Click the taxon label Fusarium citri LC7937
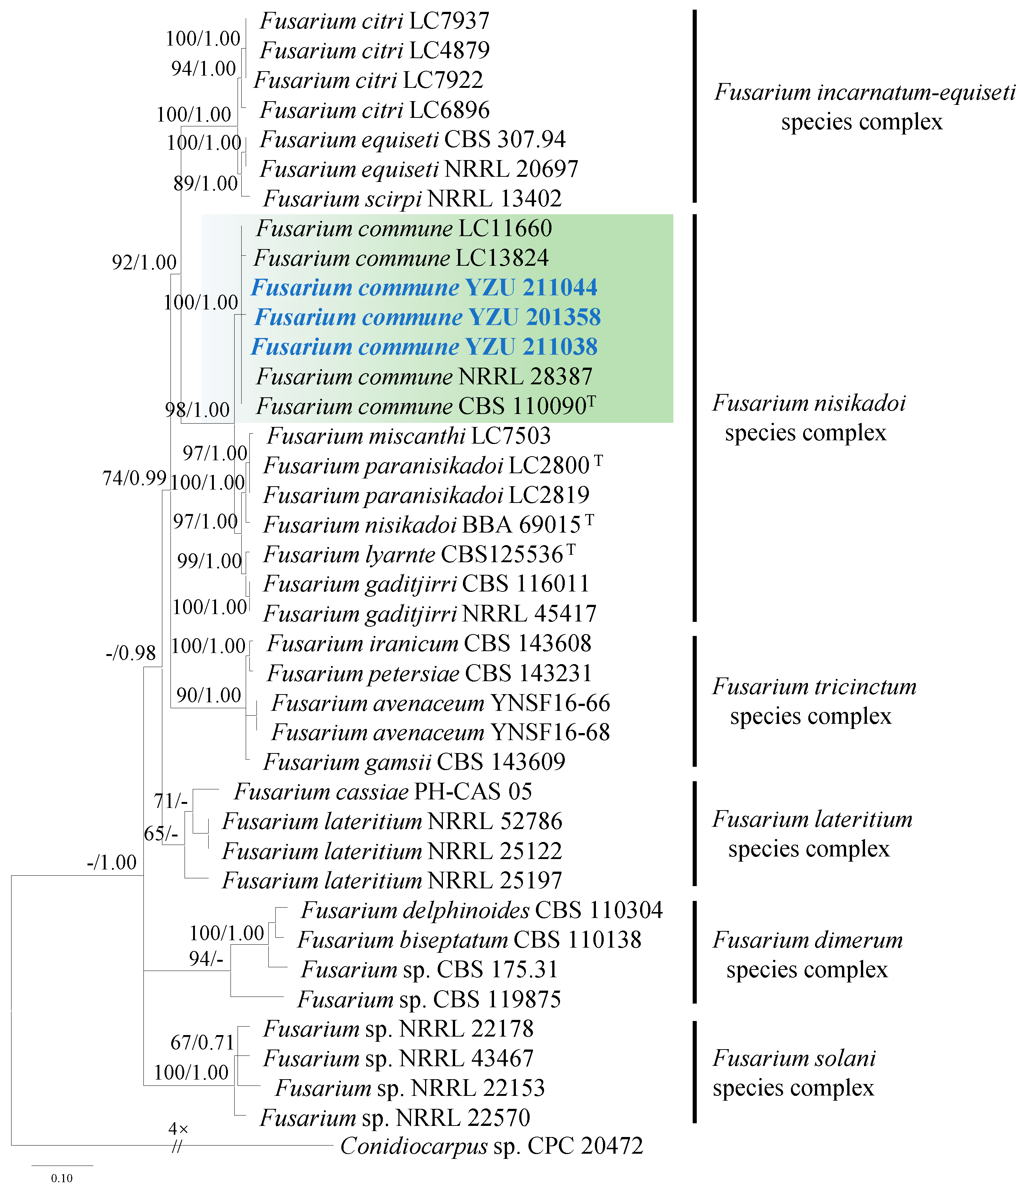pyautogui.click(x=374, y=21)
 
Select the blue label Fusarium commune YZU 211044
pyautogui.click(x=424, y=288)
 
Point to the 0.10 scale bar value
pyautogui.click(x=62, y=1178)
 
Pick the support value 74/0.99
pyautogui.click(x=135, y=478)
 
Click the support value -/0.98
pyautogui.click(x=131, y=653)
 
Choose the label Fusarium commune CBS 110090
pyautogui.click(x=425, y=407)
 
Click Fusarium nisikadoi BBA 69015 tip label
pyautogui.click(x=428, y=525)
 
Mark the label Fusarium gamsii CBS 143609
pyautogui.click(x=414, y=762)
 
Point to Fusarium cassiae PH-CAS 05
pyautogui.click(x=382, y=792)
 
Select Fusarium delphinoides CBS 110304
pyautogui.click(x=482, y=910)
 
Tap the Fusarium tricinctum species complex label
pyautogui.click(x=814, y=701)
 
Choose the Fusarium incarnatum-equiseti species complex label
pyautogui.click(x=864, y=107)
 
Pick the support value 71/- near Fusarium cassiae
pyautogui.click(x=170, y=800)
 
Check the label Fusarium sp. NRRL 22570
pyautogui.click(x=395, y=1118)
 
